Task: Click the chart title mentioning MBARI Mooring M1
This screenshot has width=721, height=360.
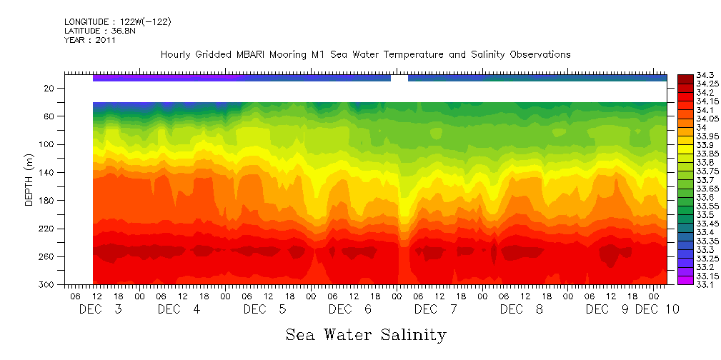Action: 365,55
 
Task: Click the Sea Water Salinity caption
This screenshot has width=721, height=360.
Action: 366,334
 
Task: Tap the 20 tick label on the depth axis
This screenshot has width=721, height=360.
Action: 50,88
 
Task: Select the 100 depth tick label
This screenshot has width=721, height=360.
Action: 48,144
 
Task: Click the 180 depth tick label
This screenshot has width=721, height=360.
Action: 48,201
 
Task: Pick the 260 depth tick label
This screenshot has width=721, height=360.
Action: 48,256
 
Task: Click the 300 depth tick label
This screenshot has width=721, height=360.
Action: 48,284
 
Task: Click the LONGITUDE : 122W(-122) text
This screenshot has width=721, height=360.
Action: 117,22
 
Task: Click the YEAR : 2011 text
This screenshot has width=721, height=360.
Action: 89,40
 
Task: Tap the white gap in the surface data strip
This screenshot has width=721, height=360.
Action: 399,78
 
